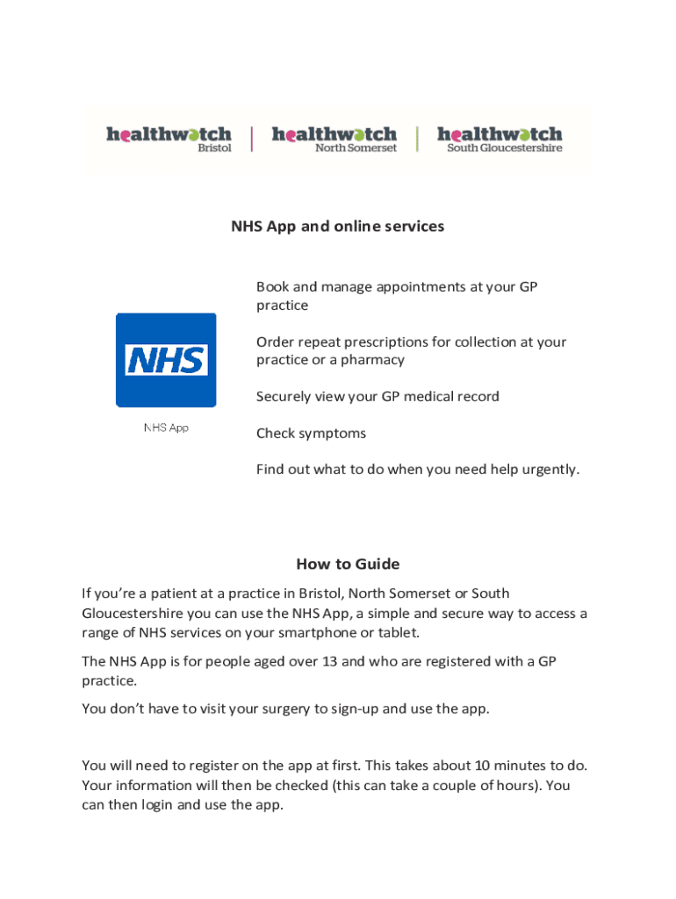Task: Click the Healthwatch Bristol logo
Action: pyautogui.click(x=169, y=139)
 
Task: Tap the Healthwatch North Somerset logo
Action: pyautogui.click(x=334, y=139)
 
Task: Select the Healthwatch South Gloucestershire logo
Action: pyautogui.click(x=500, y=139)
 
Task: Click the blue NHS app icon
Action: pyautogui.click(x=166, y=360)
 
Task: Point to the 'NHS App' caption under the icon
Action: pyautogui.click(x=166, y=428)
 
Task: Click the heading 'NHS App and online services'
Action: pyautogui.click(x=337, y=227)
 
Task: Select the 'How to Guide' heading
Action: pyautogui.click(x=348, y=564)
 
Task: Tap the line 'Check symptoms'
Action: pyautogui.click(x=311, y=433)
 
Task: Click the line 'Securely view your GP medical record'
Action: pyautogui.click(x=378, y=397)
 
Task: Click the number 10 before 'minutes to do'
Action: pyautogui.click(x=484, y=766)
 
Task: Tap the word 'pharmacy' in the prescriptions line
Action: pyautogui.click(x=375, y=360)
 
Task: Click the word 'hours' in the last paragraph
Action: pyautogui.click(x=513, y=785)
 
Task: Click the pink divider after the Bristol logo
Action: pyautogui.click(x=252, y=139)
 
